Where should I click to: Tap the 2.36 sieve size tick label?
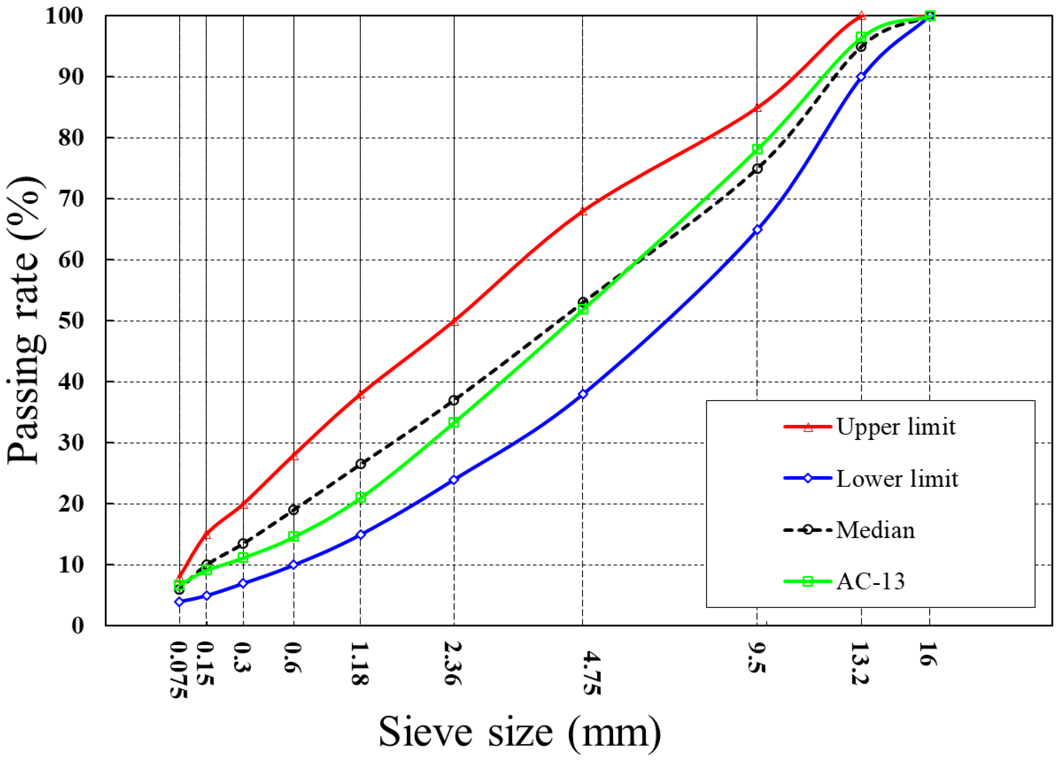[453, 664]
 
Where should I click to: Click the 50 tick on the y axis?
[71, 321]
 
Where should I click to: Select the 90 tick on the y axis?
[71, 77]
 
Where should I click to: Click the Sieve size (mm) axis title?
[520, 732]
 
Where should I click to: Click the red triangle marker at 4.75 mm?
[583, 211]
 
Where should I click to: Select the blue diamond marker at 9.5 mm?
[757, 229]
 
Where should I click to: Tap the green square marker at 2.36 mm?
[454, 422]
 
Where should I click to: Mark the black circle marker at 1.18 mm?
[361, 464]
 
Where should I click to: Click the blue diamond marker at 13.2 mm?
[861, 77]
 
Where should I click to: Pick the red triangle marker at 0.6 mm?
[294, 456]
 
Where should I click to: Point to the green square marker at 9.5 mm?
[757, 149]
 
